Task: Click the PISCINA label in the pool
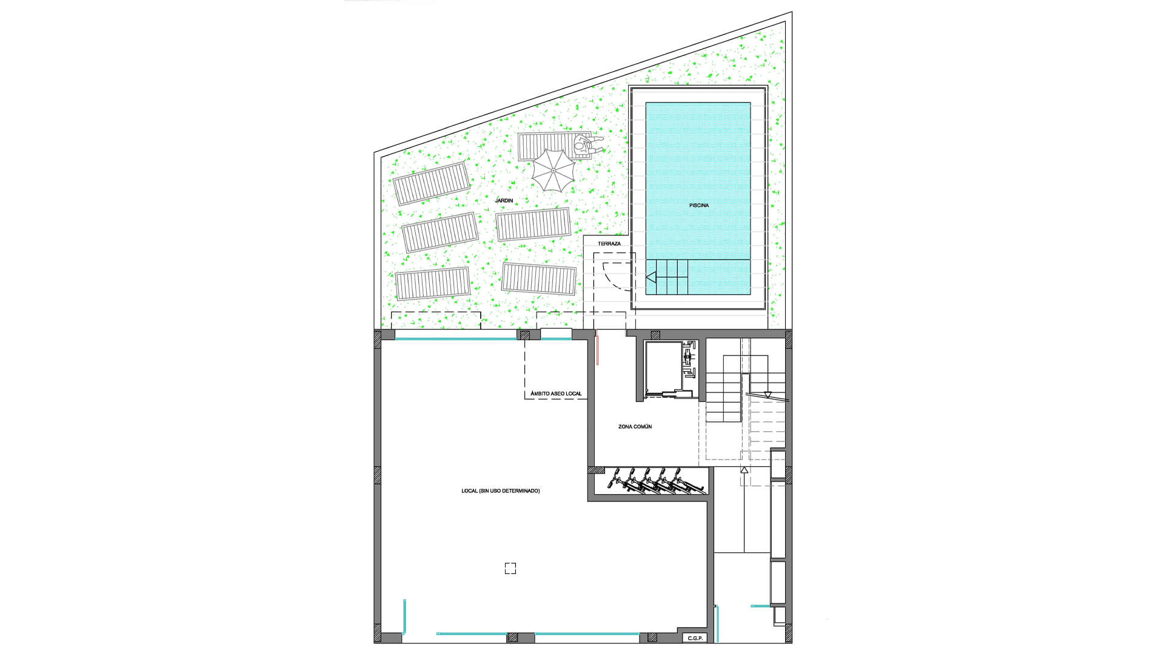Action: pos(698,206)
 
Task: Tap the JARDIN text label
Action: pos(504,200)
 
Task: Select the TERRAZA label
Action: pos(609,244)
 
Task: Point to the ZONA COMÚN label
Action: pos(635,427)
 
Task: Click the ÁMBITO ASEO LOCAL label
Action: pos(556,394)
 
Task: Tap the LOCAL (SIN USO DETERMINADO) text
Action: pos(500,491)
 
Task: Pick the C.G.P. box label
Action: pos(695,638)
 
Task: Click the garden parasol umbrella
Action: pos(553,170)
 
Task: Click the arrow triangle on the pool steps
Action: pos(651,278)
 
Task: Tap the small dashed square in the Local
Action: pos(510,568)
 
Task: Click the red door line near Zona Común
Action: pos(597,348)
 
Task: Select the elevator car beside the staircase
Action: pos(664,368)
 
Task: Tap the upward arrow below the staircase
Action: pos(744,469)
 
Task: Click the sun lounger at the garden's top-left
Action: pos(431,183)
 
